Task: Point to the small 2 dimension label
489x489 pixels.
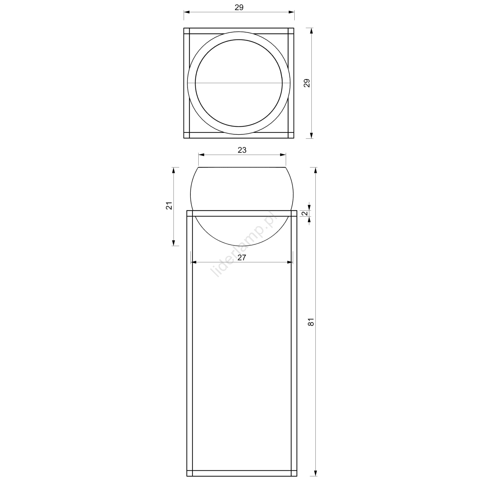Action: [x=305, y=214]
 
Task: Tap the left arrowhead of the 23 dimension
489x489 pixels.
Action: [x=202, y=155]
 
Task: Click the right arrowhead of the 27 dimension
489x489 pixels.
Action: [x=289, y=262]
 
